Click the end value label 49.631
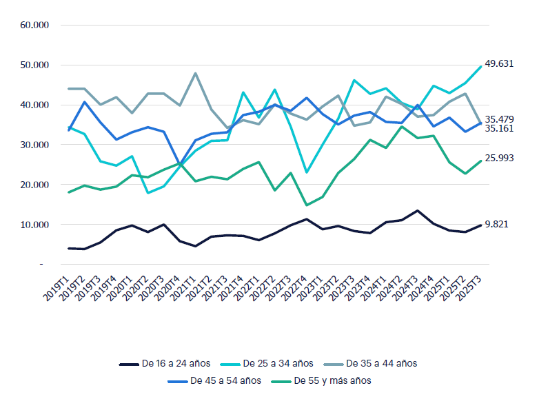click(500, 63)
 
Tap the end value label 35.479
click(500, 119)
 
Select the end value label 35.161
click(500, 129)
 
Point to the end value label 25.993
click(500, 158)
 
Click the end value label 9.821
click(497, 224)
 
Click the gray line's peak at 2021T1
click(196, 73)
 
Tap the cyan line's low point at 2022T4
click(306, 172)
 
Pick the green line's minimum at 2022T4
click(306, 205)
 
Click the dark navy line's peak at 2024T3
click(417, 211)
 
